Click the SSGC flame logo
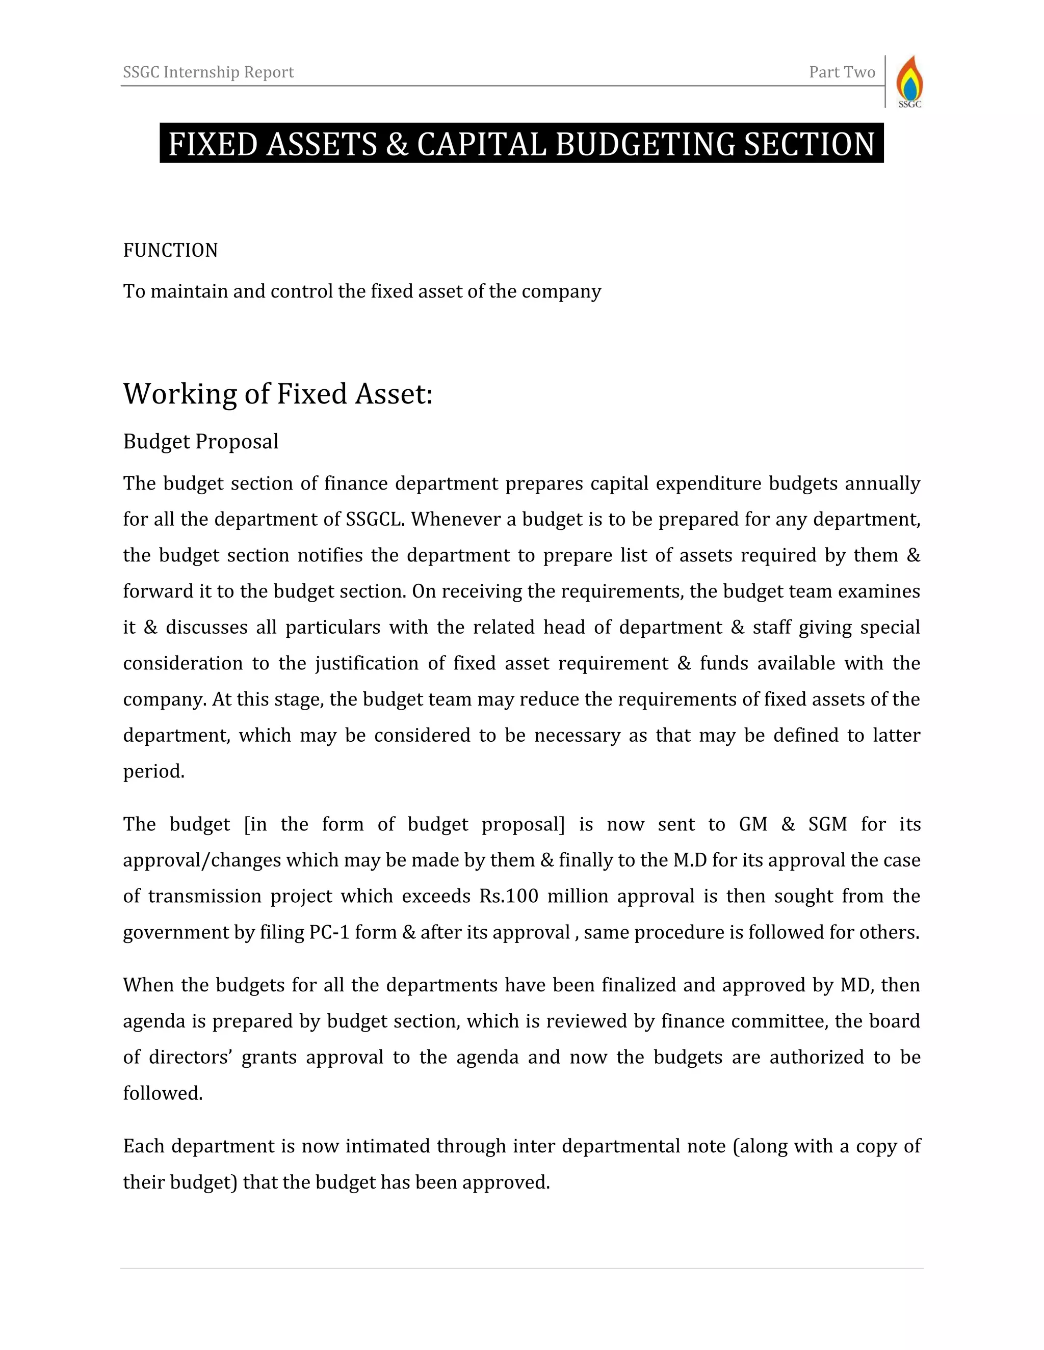[909, 82]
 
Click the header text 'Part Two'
[842, 72]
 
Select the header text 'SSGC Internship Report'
[208, 72]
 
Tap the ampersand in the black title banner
[397, 144]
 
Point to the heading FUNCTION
[170, 250]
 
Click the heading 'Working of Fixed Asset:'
[278, 394]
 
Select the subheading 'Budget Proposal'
[200, 441]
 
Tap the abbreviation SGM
[827, 825]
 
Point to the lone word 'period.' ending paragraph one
[154, 771]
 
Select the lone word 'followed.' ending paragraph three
[163, 1093]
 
